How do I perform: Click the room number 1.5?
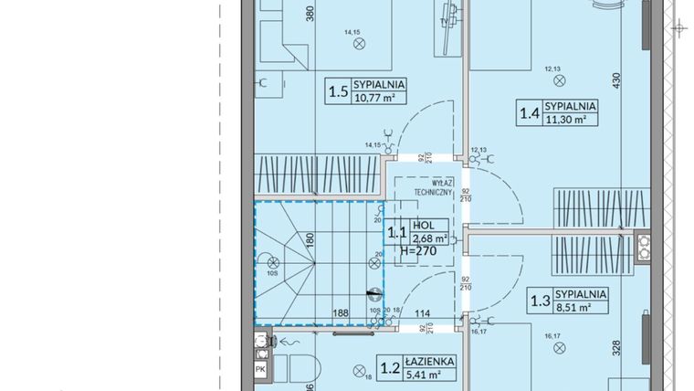[x=336, y=90]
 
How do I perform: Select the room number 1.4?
[x=529, y=113]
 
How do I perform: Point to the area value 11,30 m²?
[x=569, y=119]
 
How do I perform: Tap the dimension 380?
[x=310, y=14]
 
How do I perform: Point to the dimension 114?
[x=422, y=312]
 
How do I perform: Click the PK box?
[x=259, y=370]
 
